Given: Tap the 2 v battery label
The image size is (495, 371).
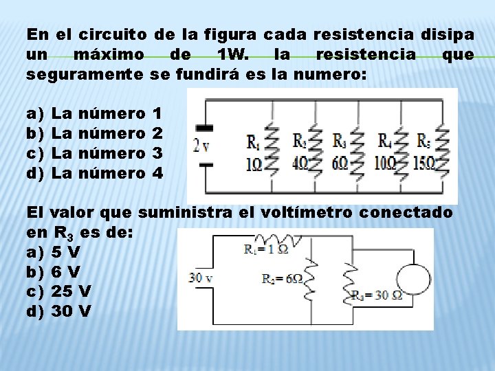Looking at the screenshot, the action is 201,146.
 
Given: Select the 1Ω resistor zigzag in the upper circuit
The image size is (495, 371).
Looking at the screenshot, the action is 271,146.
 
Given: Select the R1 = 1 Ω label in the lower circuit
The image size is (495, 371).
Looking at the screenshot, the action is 266,249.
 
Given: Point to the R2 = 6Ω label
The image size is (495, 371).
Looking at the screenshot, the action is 282,278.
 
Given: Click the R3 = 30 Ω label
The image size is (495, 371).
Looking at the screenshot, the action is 376,295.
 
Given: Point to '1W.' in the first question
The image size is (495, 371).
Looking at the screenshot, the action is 229,54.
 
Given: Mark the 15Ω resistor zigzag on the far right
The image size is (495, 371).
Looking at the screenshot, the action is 443,146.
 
